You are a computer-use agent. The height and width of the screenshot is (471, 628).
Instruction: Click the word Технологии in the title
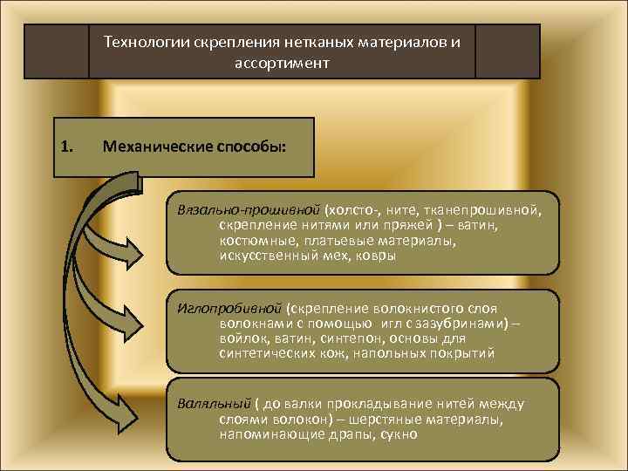point(138,41)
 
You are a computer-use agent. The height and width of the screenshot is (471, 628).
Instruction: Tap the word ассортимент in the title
point(282,63)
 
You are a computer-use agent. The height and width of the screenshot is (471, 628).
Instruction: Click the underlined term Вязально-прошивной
point(248,210)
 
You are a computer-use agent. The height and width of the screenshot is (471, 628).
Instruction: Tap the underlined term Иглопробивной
point(229,308)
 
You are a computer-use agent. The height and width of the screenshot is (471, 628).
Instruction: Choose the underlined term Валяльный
point(214,403)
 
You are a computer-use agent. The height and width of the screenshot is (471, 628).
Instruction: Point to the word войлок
point(242,338)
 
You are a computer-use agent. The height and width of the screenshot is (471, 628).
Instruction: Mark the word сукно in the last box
point(399,433)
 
